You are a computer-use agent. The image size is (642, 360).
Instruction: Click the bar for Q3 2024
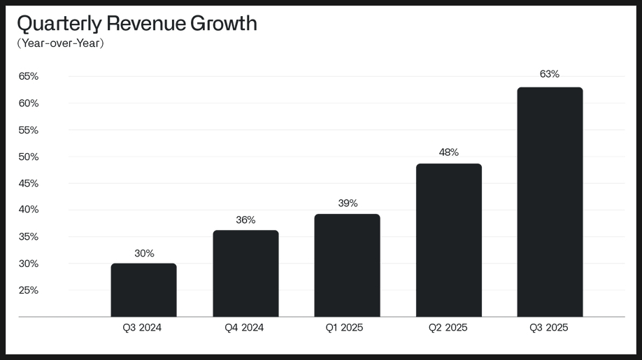pos(143,290)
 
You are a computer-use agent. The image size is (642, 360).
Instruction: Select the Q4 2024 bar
pos(245,273)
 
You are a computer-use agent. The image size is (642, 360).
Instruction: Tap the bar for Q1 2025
pos(347,266)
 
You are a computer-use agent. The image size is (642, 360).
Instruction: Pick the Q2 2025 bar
pos(448,240)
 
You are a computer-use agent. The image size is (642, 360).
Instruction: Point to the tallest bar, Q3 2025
pos(550,202)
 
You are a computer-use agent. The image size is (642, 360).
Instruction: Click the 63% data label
pos(550,74)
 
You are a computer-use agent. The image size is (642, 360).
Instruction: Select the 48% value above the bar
pos(448,152)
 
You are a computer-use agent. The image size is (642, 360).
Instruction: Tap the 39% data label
pos(347,203)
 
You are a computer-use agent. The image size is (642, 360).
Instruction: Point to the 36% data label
pos(245,219)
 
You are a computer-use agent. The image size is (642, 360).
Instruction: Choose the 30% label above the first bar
pos(144,253)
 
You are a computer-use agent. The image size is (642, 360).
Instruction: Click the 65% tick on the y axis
pos(29,76)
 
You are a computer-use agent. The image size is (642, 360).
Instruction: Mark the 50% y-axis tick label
pos(29,157)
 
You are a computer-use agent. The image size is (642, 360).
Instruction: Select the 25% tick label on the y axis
pos(29,290)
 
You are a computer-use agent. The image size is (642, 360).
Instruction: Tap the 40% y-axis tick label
pos(29,210)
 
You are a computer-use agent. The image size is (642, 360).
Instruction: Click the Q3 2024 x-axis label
pos(142,327)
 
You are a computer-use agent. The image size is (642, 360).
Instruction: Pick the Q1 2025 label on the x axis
pos(344,327)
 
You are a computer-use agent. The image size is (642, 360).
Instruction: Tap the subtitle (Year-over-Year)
pos(60,44)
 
